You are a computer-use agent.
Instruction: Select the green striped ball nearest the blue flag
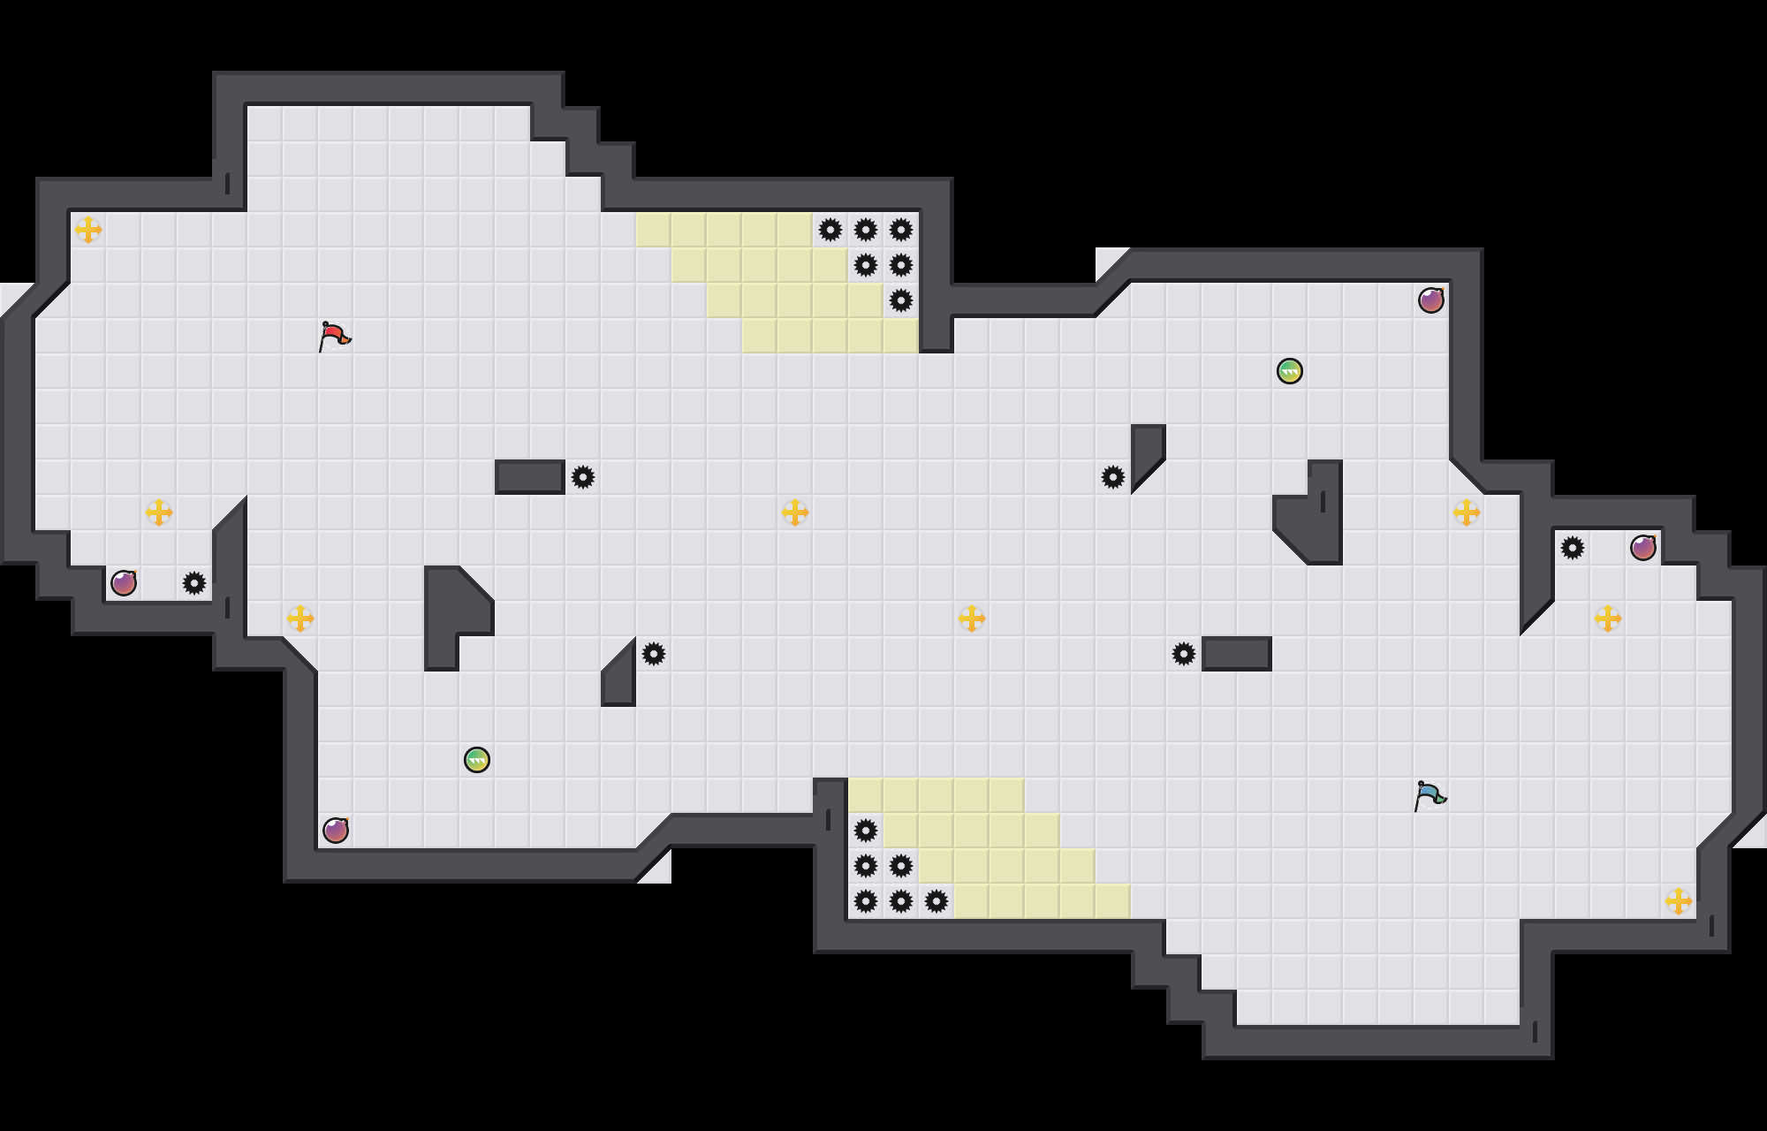pos(1290,371)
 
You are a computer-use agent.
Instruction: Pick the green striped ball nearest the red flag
pos(477,760)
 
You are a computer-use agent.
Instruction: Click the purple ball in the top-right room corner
pos(1431,300)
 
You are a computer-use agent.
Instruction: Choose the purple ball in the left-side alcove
pos(124,583)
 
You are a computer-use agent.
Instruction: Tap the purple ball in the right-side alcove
pos(1643,548)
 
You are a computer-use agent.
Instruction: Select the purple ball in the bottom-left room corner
pos(336,831)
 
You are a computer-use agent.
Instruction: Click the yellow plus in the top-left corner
pos(88,230)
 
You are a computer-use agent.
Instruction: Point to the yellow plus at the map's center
pos(795,512)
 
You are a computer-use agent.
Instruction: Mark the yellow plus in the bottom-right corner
pos(1679,901)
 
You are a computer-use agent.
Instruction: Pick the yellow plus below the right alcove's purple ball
pos(1608,619)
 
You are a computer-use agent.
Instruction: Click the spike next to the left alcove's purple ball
pos(194,583)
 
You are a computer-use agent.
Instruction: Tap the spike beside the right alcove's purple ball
pos(1573,548)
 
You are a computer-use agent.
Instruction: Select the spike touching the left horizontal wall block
pos(583,477)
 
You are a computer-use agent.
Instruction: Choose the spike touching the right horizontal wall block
pos(1184,654)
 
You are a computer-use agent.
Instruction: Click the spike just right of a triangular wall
pos(654,654)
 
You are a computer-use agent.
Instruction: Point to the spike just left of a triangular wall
pos(1113,477)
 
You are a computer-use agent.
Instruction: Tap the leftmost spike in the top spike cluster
pos(830,230)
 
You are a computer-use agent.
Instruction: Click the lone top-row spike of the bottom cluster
pos(866,831)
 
